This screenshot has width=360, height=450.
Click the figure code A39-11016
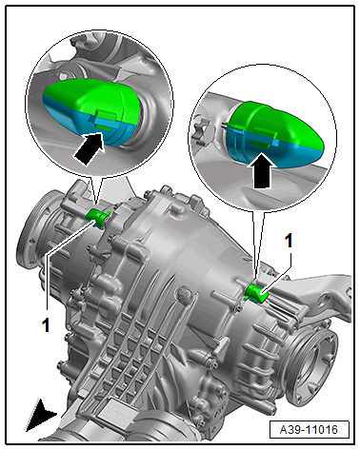[x=309, y=430]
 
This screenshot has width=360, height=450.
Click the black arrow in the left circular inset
[x=90, y=148]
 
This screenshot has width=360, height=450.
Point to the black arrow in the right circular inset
[x=261, y=170]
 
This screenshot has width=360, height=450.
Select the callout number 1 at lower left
[x=47, y=325]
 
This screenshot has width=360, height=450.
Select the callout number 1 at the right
[x=289, y=241]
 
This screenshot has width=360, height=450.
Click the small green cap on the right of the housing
[x=257, y=294]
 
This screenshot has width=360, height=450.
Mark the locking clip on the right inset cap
[x=263, y=138]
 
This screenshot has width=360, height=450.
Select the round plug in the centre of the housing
[x=184, y=293]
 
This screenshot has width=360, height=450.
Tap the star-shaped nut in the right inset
[x=202, y=130]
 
